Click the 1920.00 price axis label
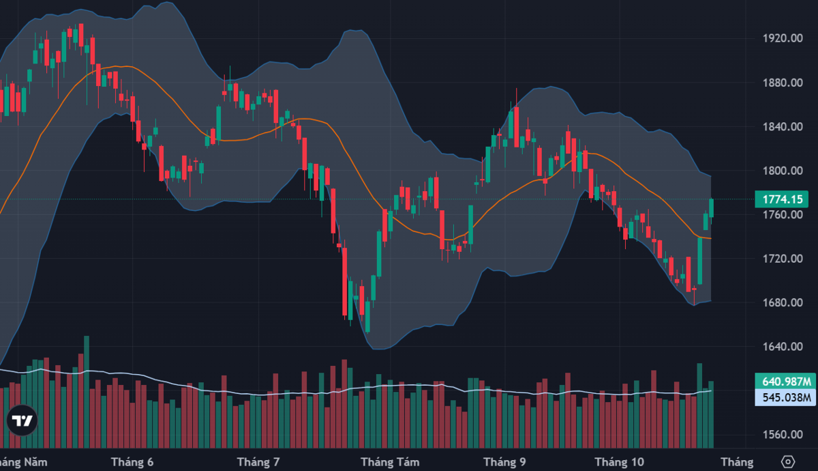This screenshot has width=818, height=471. (783, 38)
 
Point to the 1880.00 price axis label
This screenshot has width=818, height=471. (783, 83)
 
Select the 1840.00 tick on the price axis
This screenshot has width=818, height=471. (783, 127)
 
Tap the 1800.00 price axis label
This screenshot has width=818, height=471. (783, 171)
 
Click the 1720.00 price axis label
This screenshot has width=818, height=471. (783, 259)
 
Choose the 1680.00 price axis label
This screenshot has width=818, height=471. (783, 303)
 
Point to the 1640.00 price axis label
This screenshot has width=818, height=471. (783, 347)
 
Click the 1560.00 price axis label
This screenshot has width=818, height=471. (783, 435)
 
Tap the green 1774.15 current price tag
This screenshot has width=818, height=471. (781, 199)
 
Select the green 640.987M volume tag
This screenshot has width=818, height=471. (785, 382)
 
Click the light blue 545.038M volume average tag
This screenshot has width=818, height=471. (785, 397)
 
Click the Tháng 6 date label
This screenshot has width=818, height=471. (132, 462)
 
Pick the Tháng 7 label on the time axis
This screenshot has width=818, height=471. (258, 462)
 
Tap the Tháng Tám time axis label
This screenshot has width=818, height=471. (390, 462)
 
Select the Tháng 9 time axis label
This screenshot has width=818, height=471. (504, 462)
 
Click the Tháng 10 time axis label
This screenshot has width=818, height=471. (620, 462)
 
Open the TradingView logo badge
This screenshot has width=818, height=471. (22, 420)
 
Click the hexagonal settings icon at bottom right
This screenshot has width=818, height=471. (788, 461)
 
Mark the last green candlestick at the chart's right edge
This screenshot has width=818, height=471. (712, 208)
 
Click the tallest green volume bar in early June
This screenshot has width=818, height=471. (87, 392)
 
